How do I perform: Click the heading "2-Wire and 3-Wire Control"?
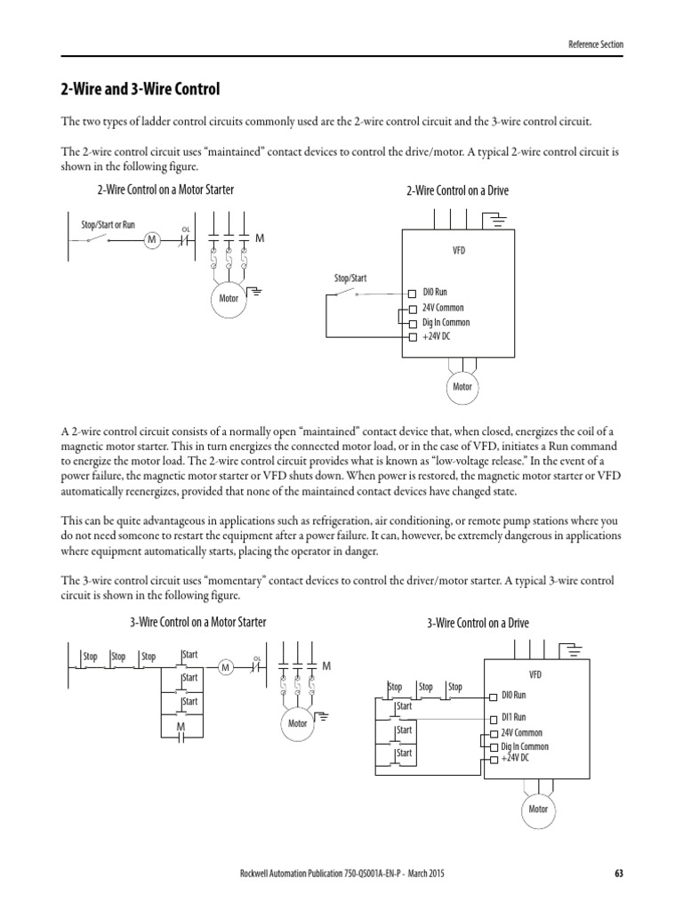pyautogui.click(x=140, y=90)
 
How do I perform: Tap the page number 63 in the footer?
pyautogui.click(x=619, y=874)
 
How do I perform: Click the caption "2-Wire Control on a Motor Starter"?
pyautogui.click(x=165, y=189)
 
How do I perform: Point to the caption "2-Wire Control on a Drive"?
pyautogui.click(x=457, y=190)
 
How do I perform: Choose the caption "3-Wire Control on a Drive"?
pyautogui.click(x=483, y=623)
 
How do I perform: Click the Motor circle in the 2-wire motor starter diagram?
pyautogui.click(x=229, y=298)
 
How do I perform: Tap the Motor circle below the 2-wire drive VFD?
pyautogui.click(x=462, y=387)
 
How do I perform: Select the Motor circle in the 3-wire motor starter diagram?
pyautogui.click(x=298, y=723)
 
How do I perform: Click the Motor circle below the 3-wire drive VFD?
pyautogui.click(x=538, y=809)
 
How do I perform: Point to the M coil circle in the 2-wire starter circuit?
pyautogui.click(x=151, y=239)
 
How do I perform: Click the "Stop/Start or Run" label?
pyautogui.click(x=108, y=225)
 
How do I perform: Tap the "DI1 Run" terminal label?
pyautogui.click(x=513, y=716)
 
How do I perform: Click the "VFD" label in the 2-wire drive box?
pyautogui.click(x=458, y=251)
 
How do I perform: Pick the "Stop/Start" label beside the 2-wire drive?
pyautogui.click(x=350, y=278)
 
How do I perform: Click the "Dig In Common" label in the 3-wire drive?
pyautogui.click(x=525, y=746)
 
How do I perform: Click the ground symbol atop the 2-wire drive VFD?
pyautogui.click(x=500, y=216)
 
